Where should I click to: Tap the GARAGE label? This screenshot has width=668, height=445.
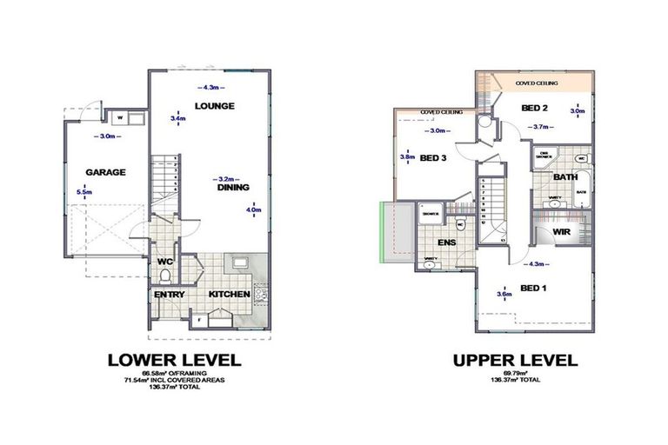[105, 172]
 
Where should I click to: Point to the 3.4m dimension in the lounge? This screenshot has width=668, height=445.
[177, 117]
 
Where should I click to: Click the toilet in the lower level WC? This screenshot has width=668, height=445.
[166, 277]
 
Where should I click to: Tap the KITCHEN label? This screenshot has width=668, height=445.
[230, 295]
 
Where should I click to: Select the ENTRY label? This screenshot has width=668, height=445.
[169, 295]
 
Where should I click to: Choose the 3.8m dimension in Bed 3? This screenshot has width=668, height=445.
[405, 157]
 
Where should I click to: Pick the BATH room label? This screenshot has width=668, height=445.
[566, 177]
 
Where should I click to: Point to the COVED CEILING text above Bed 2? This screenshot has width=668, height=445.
[537, 84]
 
